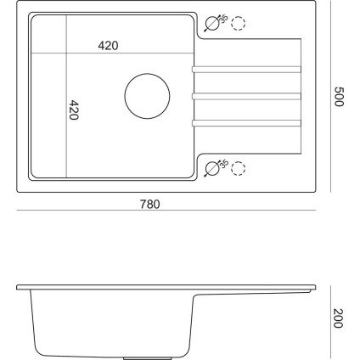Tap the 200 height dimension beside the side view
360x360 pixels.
tap(338, 319)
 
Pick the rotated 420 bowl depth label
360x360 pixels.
tap(74, 111)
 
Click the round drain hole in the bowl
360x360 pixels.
tap(147, 97)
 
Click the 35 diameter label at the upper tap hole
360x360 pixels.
tap(223, 20)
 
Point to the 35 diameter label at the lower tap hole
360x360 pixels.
tap(223, 164)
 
